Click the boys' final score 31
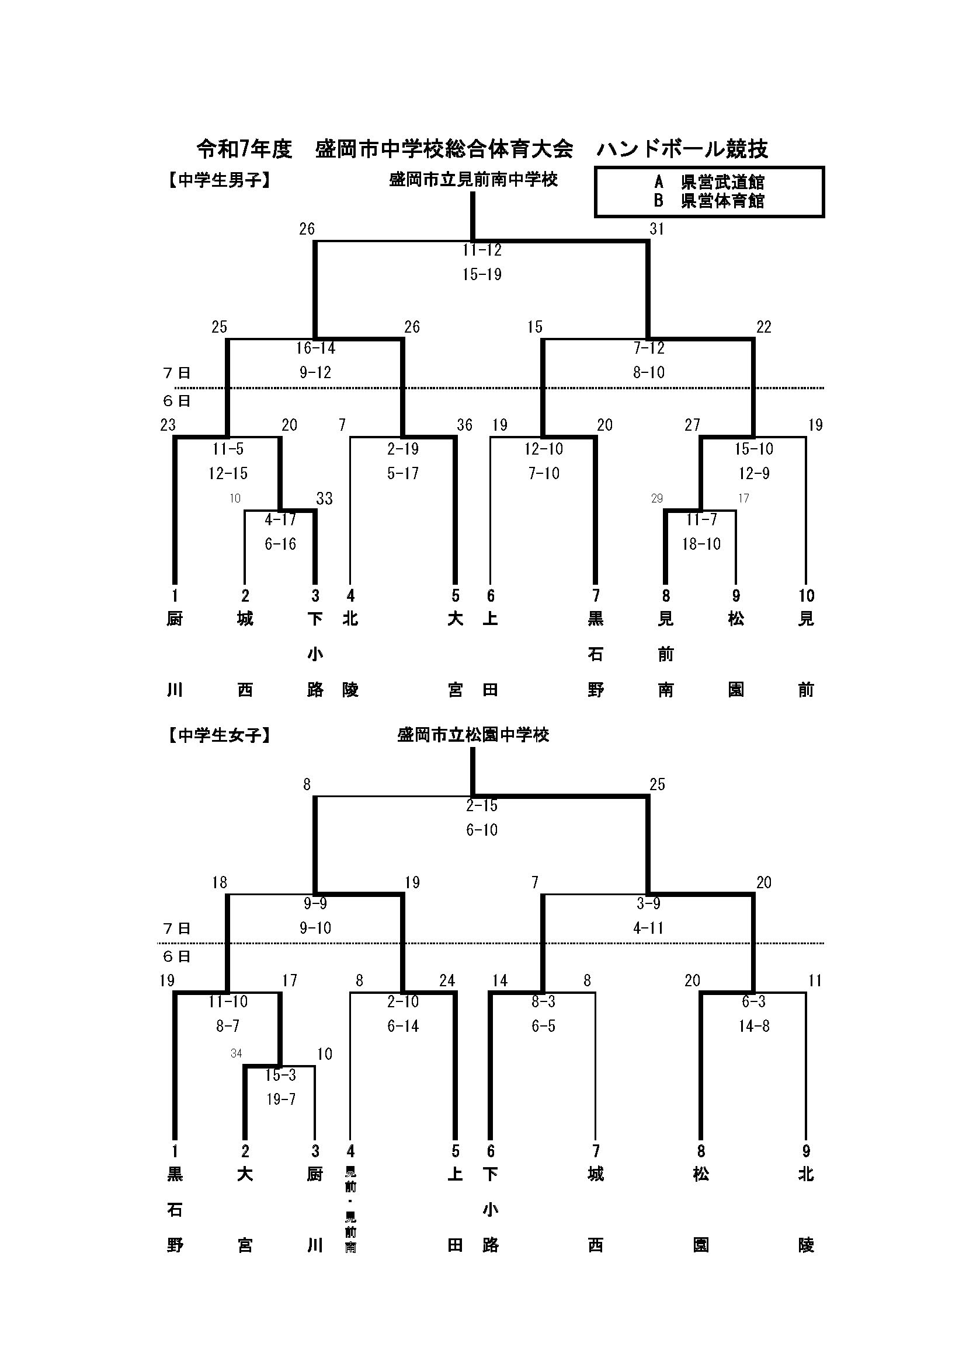656,229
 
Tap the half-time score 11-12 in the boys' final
482,250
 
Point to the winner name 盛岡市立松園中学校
474,735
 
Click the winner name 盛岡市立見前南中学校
474,180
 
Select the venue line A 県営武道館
709,182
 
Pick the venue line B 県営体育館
709,201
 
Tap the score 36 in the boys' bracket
464,425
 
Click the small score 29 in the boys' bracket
656,498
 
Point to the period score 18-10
701,544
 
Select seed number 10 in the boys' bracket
807,596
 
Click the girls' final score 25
656,785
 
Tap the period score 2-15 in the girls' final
482,806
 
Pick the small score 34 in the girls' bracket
236,1054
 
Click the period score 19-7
281,1100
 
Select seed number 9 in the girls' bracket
807,1151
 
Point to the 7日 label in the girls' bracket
176,928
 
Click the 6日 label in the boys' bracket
176,402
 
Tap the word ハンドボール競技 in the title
682,149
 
